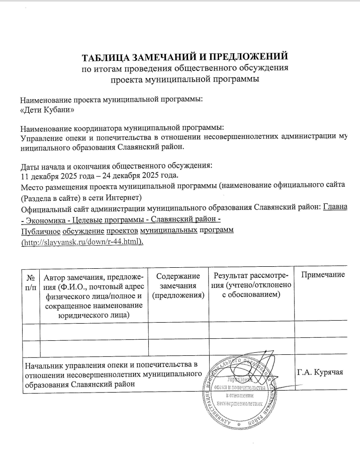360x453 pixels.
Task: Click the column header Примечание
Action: click(322, 275)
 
